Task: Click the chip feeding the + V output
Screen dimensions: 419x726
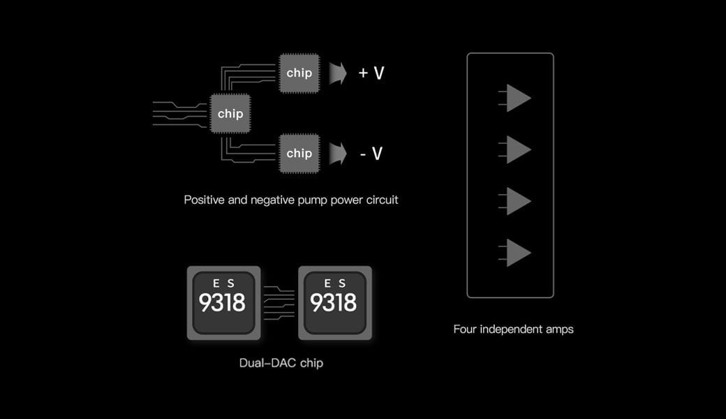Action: pyautogui.click(x=299, y=73)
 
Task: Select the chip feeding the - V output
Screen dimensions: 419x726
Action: pyautogui.click(x=299, y=153)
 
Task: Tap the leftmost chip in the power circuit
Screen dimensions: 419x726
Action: pyautogui.click(x=230, y=113)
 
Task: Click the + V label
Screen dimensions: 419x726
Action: pyautogui.click(x=371, y=73)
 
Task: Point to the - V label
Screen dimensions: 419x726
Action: pyautogui.click(x=371, y=153)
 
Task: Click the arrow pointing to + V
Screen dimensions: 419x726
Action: pyautogui.click(x=339, y=73)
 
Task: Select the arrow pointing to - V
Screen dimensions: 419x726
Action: pyautogui.click(x=339, y=153)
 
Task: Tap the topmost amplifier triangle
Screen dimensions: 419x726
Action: pyautogui.click(x=517, y=98)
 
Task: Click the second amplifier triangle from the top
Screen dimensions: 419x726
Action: pyautogui.click(x=517, y=149)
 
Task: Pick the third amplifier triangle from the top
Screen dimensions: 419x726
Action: pyautogui.click(x=517, y=201)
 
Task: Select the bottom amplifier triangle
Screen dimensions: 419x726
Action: pyautogui.click(x=517, y=253)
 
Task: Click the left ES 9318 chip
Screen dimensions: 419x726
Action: pyautogui.click(x=223, y=302)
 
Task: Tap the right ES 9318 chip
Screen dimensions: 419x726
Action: pyautogui.click(x=334, y=302)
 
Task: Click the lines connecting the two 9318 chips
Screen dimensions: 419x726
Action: pyautogui.click(x=279, y=302)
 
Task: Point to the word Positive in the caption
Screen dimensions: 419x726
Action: pyautogui.click(x=205, y=200)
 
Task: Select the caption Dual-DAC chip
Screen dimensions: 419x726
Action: pyautogui.click(x=281, y=363)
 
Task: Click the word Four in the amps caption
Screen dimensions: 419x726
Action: pyautogui.click(x=466, y=329)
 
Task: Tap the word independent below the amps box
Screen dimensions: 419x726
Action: pyautogui.click(x=508, y=329)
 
